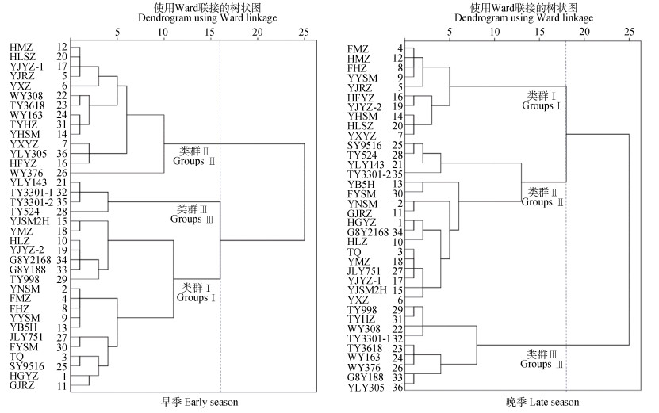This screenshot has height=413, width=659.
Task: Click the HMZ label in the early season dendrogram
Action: (21, 47)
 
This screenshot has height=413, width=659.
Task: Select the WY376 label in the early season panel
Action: (26, 173)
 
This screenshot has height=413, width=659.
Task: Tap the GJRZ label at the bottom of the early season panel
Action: (22, 385)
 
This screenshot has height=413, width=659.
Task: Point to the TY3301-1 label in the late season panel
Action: (370, 338)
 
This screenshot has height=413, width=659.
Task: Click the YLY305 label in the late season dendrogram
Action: (366, 388)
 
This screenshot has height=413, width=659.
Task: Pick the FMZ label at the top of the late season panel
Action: (358, 49)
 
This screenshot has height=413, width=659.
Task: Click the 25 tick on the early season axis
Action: (304, 32)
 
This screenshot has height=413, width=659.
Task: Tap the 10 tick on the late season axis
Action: (495, 32)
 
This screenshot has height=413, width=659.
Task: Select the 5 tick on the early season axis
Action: (117, 32)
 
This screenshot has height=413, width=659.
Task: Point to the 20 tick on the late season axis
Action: (584, 32)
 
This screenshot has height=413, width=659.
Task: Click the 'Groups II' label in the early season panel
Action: (193, 161)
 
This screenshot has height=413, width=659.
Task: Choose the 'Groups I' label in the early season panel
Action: (196, 297)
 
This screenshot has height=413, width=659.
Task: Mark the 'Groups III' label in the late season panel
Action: (542, 364)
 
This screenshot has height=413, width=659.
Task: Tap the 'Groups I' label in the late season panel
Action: (542, 105)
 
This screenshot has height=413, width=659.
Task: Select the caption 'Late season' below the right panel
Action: (554, 402)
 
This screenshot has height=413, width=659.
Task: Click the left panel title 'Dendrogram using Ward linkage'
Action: (207, 17)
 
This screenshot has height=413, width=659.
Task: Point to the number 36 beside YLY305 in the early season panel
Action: (62, 154)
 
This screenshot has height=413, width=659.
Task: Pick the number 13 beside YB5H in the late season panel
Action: (397, 184)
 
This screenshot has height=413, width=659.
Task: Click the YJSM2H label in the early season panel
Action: (29, 221)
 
